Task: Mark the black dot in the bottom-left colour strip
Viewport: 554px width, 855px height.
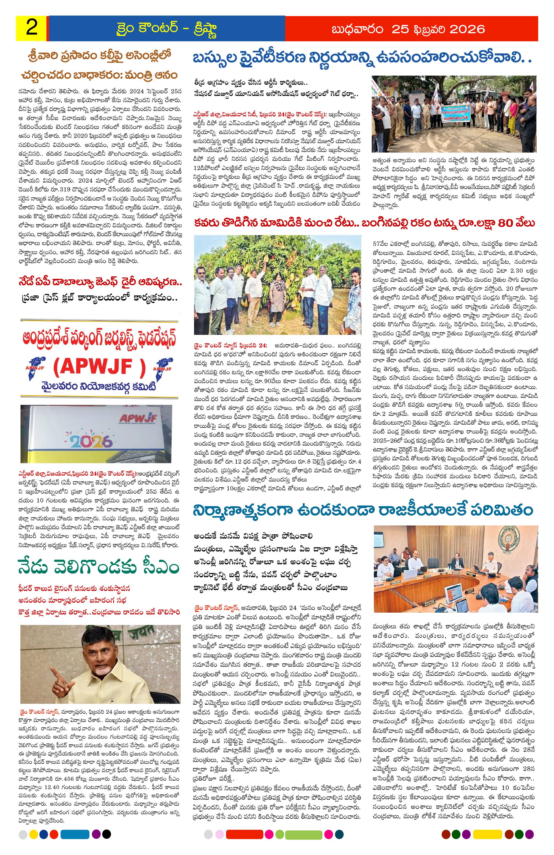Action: tap(106, 841)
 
